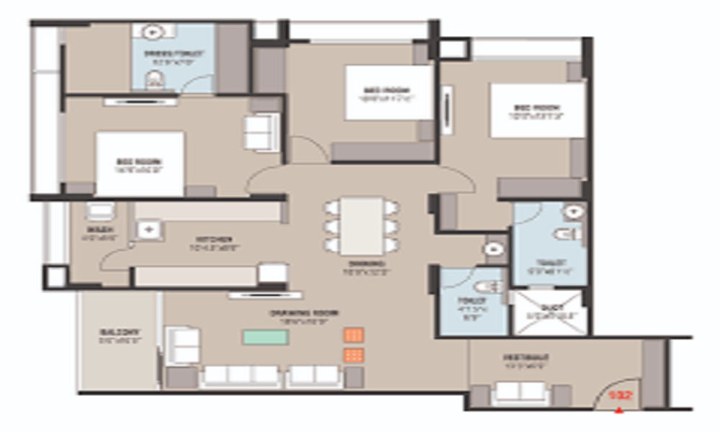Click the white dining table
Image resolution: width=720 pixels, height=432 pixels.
[362, 225]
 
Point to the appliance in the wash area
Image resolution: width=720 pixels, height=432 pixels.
[99, 212]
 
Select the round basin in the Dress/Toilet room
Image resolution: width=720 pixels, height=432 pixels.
[152, 32]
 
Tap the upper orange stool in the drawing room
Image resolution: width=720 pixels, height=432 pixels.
[354, 336]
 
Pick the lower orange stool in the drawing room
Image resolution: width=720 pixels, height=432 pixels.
[354, 355]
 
